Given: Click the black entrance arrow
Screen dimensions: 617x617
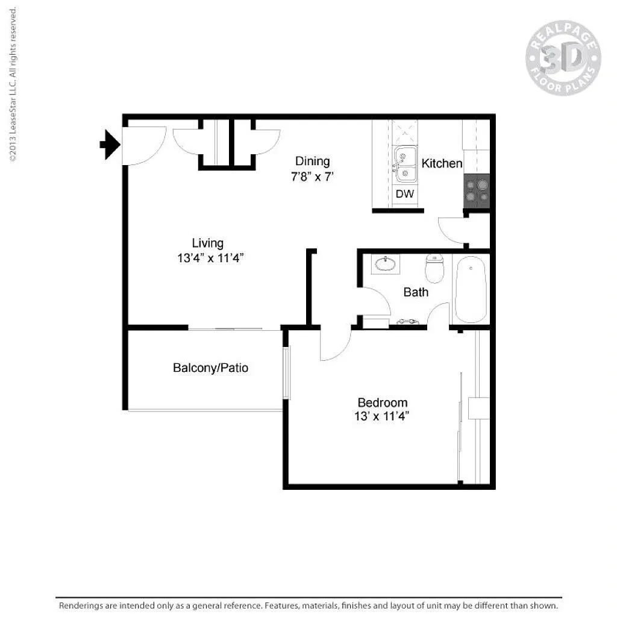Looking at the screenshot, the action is tap(110, 145).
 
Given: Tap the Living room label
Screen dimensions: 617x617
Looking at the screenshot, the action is tap(208, 243).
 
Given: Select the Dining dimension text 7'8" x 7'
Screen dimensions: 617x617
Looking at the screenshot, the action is tap(313, 177).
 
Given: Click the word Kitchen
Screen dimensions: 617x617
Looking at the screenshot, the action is tap(442, 163).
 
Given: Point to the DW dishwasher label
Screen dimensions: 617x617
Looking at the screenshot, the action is tap(405, 193).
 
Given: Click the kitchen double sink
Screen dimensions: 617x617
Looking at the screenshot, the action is tap(405, 164).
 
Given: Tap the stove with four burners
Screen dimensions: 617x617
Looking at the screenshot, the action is tap(477, 191).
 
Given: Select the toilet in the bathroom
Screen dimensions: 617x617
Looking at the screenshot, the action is tap(434, 268).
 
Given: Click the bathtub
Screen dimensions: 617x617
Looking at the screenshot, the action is tap(471, 289).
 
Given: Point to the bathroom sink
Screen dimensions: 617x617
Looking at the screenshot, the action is tap(386, 264).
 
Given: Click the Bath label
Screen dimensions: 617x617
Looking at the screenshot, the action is tap(416, 292).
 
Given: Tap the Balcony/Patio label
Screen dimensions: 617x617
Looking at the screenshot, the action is tap(210, 368).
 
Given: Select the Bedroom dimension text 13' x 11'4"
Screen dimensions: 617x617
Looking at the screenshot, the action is tap(381, 416).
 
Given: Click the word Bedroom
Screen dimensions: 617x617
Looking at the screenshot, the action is tap(383, 402).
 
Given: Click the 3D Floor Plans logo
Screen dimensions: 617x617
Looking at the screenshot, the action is tap(563, 58).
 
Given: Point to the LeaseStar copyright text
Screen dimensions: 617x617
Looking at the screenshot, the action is tap(13, 84).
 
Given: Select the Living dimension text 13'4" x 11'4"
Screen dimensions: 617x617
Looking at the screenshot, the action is tap(210, 258).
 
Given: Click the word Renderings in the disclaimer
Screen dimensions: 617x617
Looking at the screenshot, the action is tap(81, 606).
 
